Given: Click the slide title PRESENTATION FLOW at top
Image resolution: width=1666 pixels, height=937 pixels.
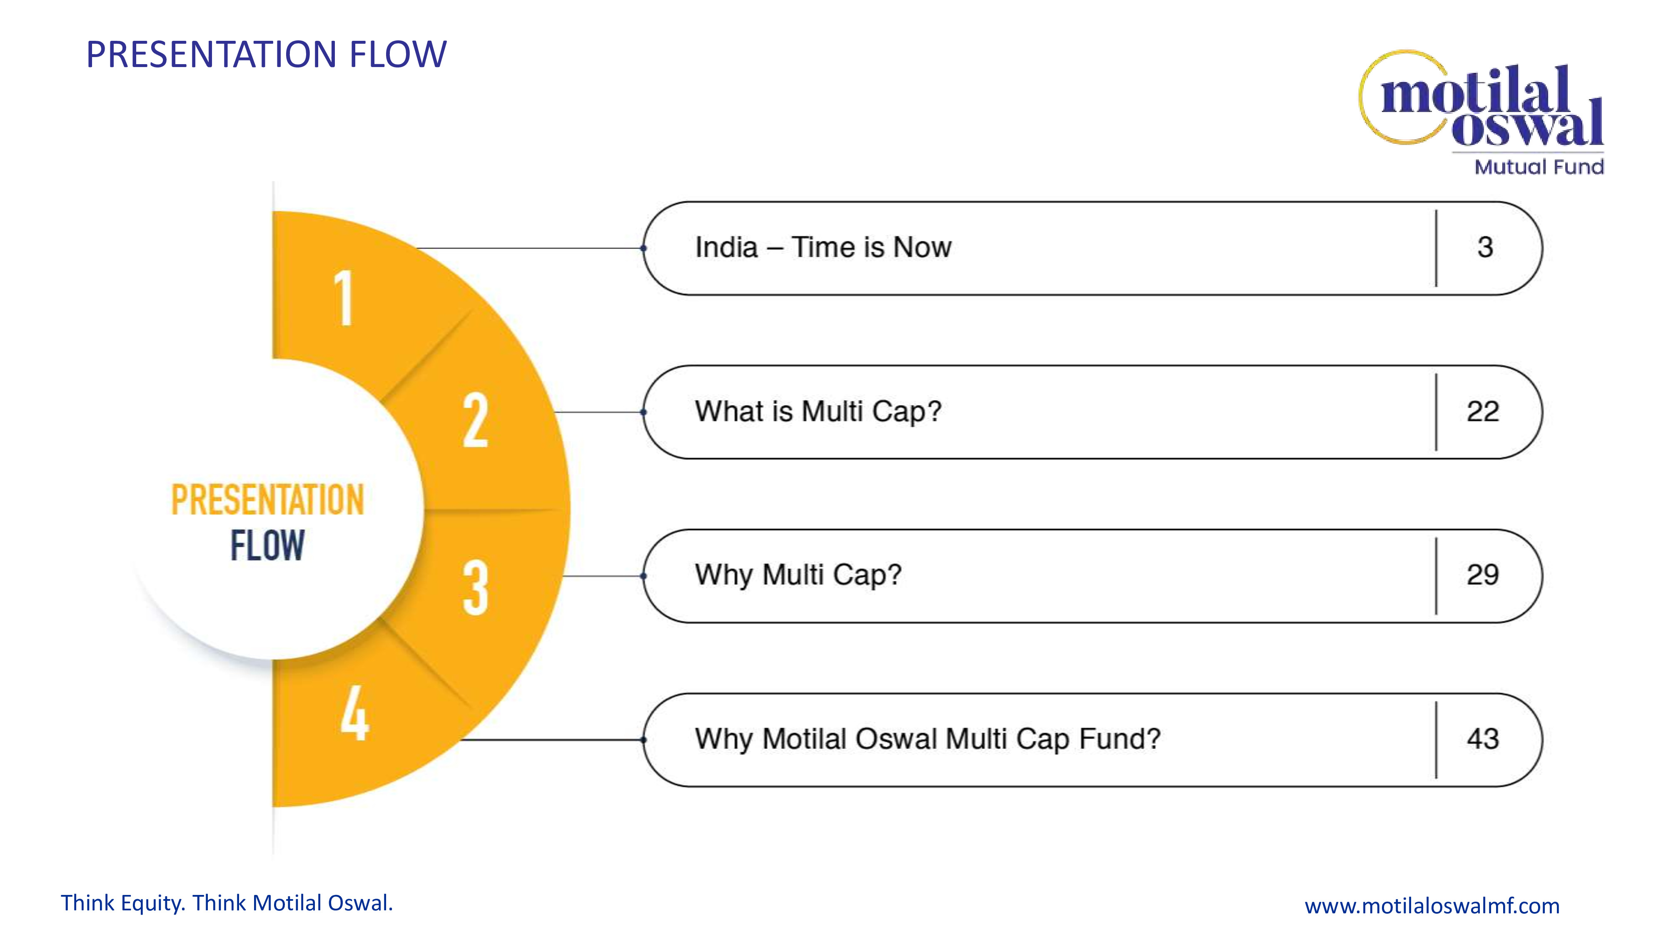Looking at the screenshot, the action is [266, 54].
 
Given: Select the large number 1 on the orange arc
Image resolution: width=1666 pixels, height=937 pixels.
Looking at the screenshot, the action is [344, 298].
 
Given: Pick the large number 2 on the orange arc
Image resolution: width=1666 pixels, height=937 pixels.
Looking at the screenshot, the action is [475, 420].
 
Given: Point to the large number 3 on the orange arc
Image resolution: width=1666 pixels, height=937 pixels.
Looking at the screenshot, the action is [475, 587].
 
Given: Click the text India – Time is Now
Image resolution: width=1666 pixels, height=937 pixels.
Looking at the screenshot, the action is [823, 247].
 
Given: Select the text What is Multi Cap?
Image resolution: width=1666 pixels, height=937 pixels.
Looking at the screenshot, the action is [818, 412].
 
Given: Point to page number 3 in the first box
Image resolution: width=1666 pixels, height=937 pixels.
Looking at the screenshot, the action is [1485, 247].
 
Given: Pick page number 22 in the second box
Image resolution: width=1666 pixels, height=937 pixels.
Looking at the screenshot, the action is [1483, 411].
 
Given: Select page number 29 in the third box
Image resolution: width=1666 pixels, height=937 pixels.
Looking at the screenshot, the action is [1483, 575].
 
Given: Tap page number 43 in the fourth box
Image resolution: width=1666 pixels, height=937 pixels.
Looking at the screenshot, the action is [1483, 738].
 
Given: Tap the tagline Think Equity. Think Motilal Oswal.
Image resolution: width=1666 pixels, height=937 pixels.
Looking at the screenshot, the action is [227, 903].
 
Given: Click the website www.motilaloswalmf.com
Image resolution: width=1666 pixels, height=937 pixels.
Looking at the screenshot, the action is [1432, 906].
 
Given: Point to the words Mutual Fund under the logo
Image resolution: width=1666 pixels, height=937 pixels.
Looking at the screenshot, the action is [1539, 167].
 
